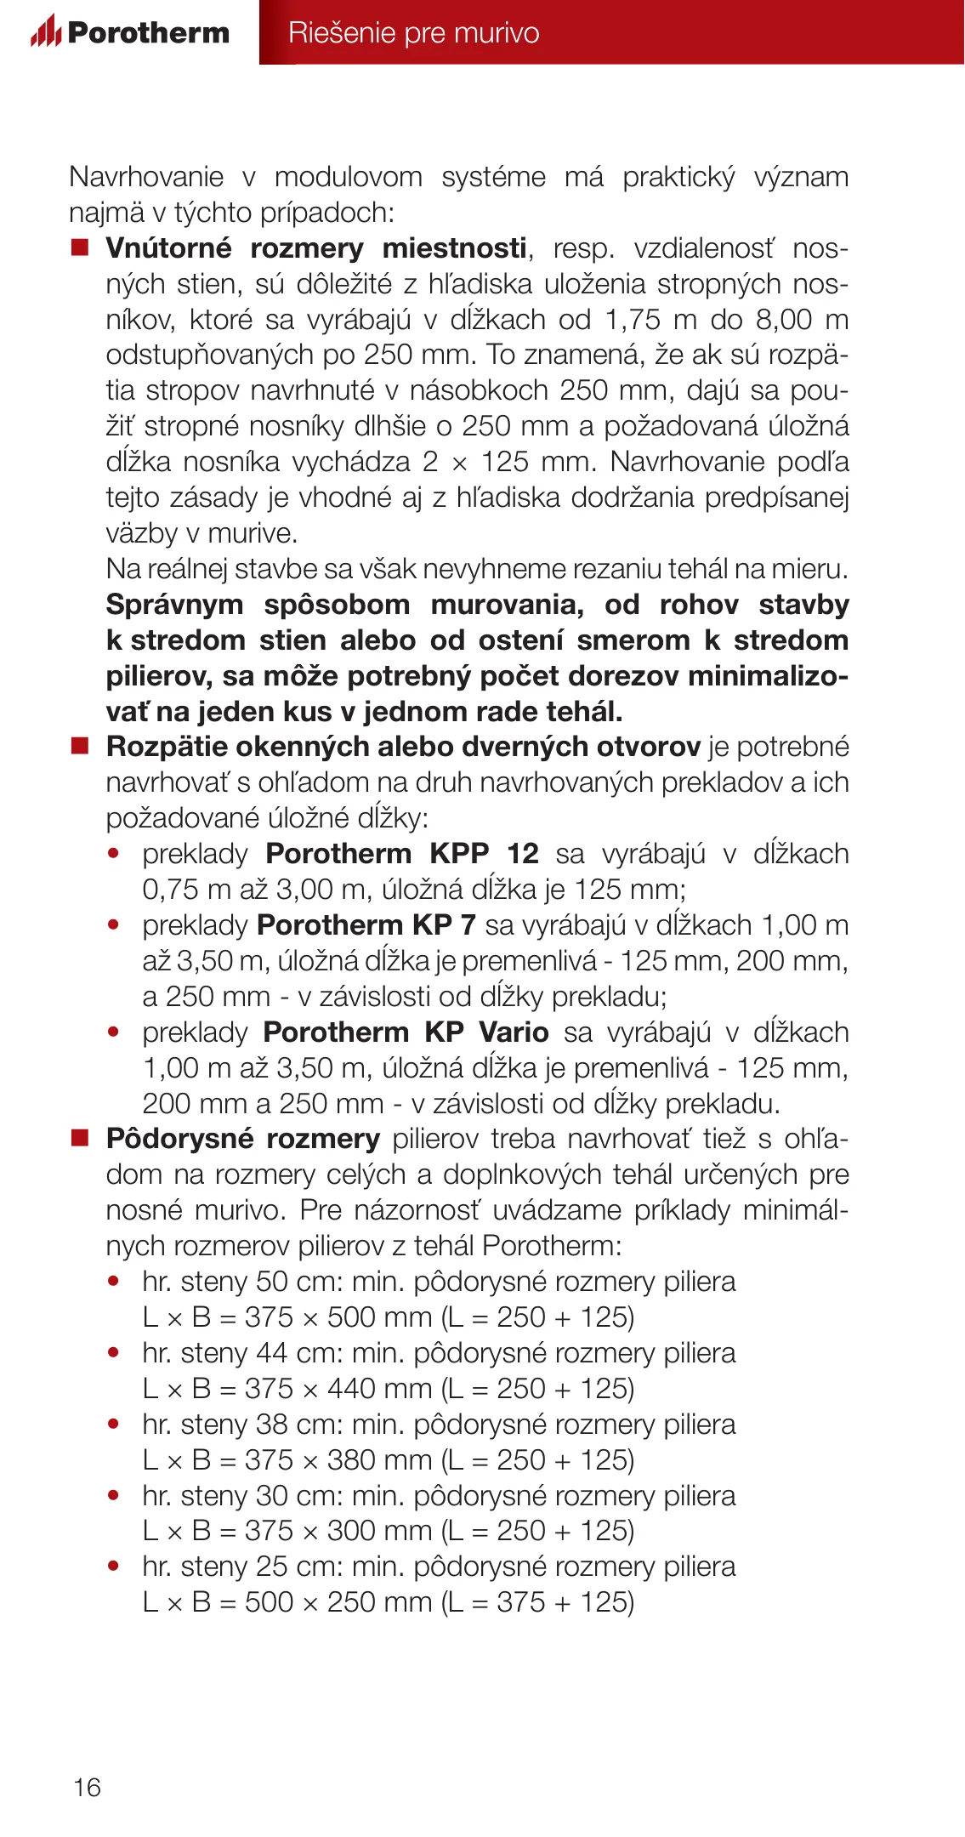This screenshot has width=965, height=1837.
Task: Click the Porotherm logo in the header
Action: click(130, 32)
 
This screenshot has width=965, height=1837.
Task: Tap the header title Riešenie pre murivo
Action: click(413, 32)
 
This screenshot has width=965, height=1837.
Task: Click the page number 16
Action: click(87, 1787)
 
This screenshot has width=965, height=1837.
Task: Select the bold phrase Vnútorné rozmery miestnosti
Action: click(315, 247)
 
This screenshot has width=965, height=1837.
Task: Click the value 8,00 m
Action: click(802, 319)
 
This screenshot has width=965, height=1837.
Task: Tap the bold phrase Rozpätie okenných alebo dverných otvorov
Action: click(403, 746)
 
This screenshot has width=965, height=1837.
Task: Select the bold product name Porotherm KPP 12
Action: click(402, 853)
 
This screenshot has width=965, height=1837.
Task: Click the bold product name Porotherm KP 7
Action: click(366, 924)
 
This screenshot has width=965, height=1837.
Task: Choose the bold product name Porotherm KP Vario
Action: click(406, 1032)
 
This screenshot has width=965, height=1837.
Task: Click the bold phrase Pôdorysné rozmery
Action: click(242, 1138)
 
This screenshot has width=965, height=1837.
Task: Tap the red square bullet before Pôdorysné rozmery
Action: click(80, 1138)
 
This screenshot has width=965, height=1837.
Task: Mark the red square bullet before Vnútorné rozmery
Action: click(80, 247)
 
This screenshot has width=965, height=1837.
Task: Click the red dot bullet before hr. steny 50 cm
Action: click(114, 1281)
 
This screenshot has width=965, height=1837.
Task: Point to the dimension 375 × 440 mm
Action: click(338, 1388)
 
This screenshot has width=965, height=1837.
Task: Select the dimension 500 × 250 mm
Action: click(338, 1602)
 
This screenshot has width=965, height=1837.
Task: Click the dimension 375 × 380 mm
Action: click(338, 1459)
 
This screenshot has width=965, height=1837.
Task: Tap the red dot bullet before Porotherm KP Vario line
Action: click(114, 1032)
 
